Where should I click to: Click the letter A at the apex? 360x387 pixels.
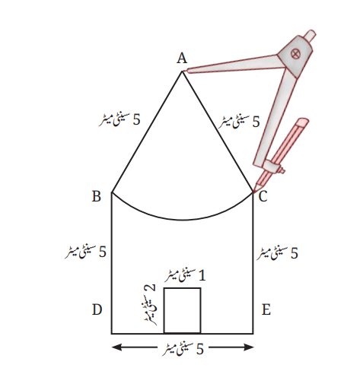182,58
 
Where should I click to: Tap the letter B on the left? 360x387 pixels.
97,196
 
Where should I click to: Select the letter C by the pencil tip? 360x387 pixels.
263,196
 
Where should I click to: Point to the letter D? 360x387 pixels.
97,309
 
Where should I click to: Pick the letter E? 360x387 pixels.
266,309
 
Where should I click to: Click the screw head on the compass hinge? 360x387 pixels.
295,54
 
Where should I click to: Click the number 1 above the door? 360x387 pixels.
202,275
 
